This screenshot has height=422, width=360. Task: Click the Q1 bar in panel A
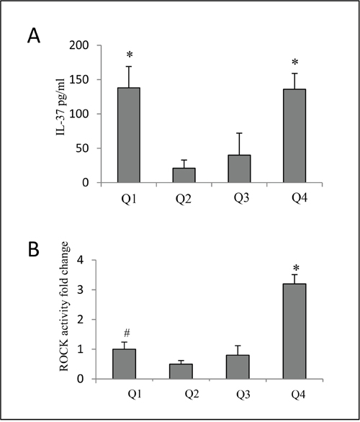pyautogui.click(x=129, y=135)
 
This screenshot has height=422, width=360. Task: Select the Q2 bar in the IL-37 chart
pyautogui.click(x=184, y=175)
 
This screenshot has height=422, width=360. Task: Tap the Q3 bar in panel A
pyautogui.click(x=239, y=169)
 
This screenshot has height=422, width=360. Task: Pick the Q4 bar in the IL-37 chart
pyautogui.click(x=294, y=136)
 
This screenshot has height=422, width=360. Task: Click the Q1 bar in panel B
pyautogui.click(x=124, y=364)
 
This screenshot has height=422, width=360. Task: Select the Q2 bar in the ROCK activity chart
pyautogui.click(x=181, y=372)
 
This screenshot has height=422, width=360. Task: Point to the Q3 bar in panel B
pyautogui.click(x=238, y=367)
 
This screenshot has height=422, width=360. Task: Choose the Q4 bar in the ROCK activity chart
pyautogui.click(x=294, y=331)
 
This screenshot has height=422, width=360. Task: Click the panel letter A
pyautogui.click(x=34, y=36)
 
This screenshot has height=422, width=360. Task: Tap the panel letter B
pyautogui.click(x=33, y=250)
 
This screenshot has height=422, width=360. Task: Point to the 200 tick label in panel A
pyautogui.click(x=83, y=45)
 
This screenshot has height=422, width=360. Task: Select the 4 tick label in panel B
pyautogui.click(x=87, y=260)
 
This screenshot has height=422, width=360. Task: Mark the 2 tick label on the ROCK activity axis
pyautogui.click(x=87, y=320)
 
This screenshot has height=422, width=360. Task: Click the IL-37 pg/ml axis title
pyautogui.click(x=60, y=107)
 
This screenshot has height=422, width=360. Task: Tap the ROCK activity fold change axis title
pyautogui.click(x=64, y=306)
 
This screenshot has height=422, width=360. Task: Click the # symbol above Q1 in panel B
pyautogui.click(x=127, y=333)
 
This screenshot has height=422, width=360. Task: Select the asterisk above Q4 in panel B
pyautogui.click(x=296, y=267)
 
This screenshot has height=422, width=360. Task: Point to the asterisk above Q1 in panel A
pyautogui.click(x=130, y=55)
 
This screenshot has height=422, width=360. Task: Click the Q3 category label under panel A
pyautogui.click(x=241, y=198)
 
